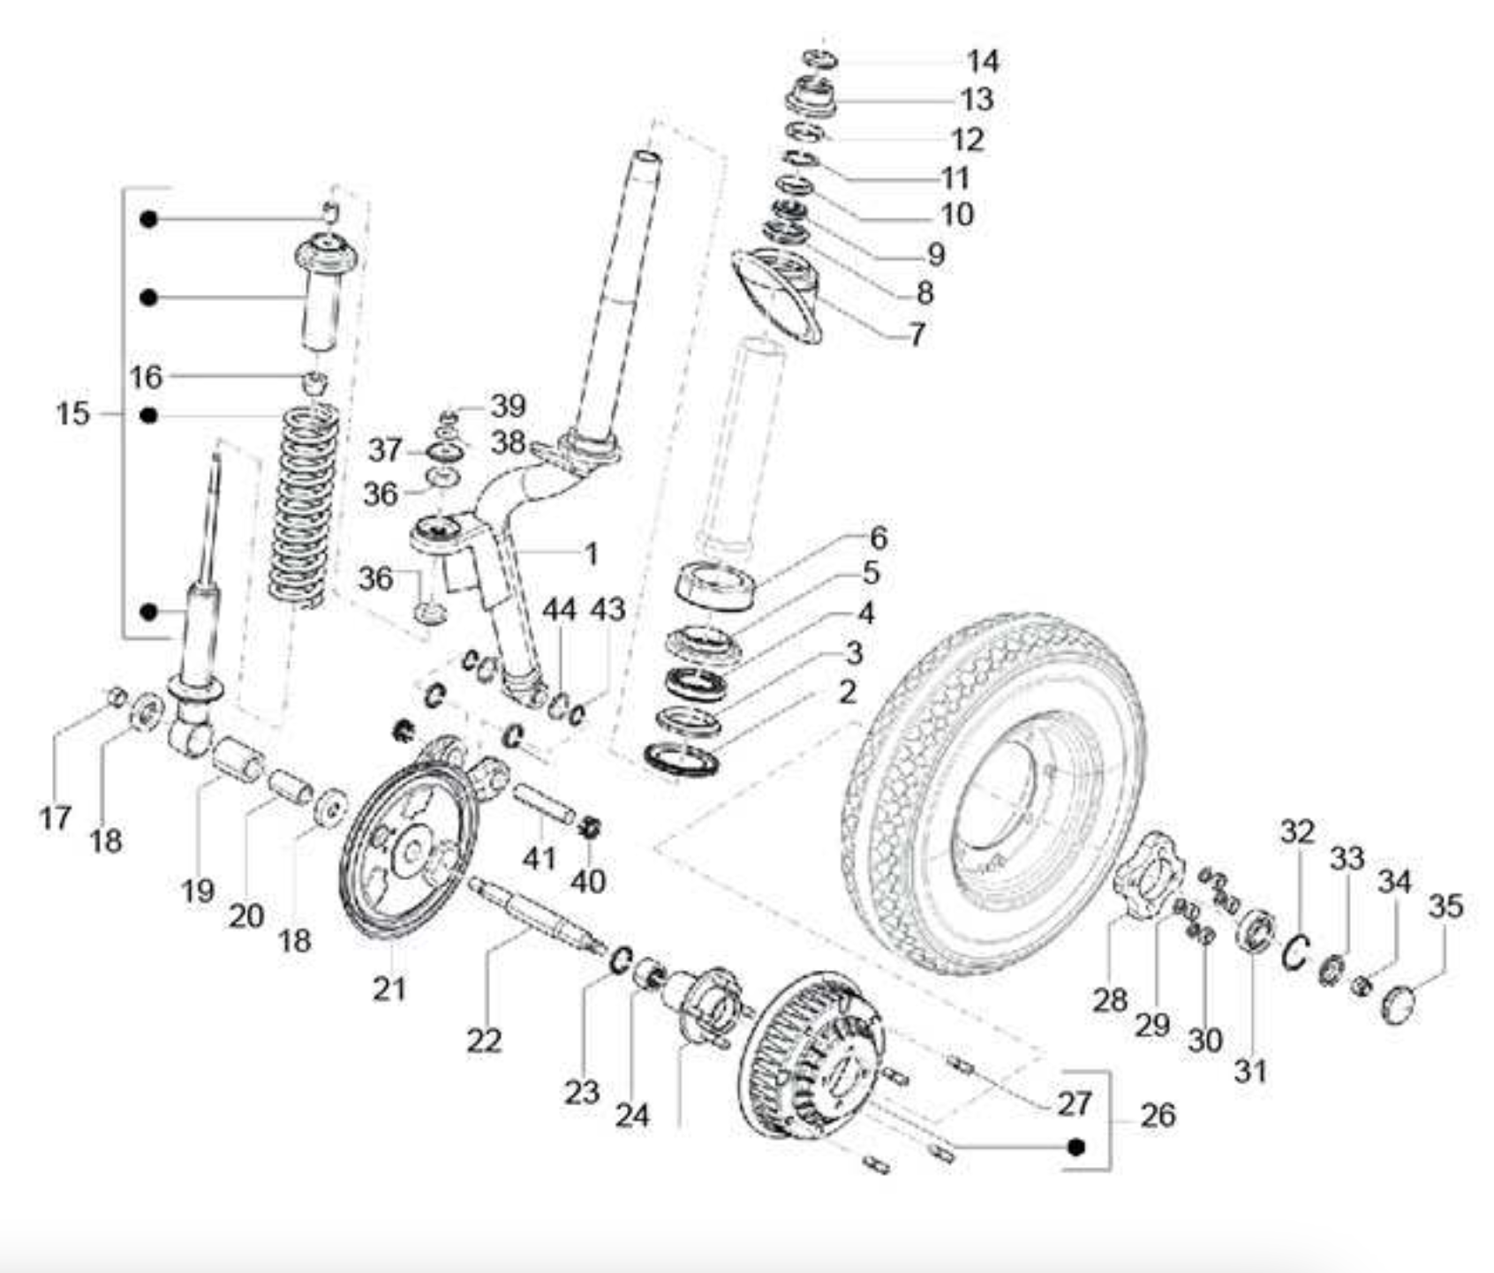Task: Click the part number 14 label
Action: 982,61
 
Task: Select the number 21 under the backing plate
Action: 389,988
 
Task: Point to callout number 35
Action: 1445,906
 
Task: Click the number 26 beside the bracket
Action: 1158,1115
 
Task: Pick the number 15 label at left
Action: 73,412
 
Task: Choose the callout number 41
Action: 539,857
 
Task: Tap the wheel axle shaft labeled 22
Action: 530,915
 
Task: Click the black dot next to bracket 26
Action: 1075,1147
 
